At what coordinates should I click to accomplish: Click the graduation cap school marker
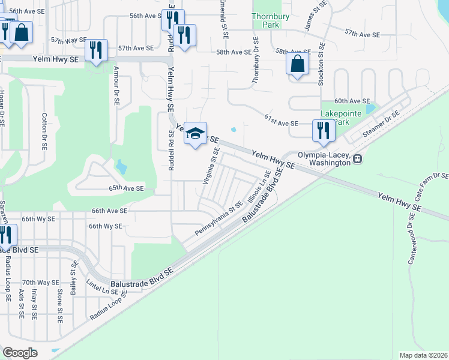pyautogui.click(x=195, y=134)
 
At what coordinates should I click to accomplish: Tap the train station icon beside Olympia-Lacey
pyautogui.click(x=358, y=159)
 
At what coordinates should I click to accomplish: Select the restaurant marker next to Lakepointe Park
pyautogui.click(x=324, y=131)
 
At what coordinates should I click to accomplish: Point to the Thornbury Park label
pyautogui.click(x=271, y=20)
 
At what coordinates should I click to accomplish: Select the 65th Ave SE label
pyautogui.click(x=126, y=188)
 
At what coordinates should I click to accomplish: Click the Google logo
pyautogui.click(x=20, y=353)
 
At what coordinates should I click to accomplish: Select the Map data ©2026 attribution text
pyautogui.click(x=424, y=355)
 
